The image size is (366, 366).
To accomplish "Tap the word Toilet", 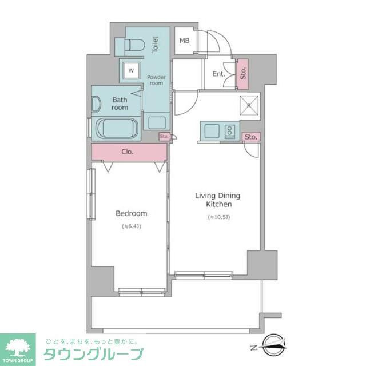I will click(x=154, y=45).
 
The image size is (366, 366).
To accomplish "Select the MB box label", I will click(x=184, y=41).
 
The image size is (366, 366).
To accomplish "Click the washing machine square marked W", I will click(x=131, y=70).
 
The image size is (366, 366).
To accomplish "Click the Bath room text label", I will click(x=120, y=104).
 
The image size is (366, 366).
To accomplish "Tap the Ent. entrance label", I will click(x=218, y=74).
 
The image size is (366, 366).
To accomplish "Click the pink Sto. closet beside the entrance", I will click(x=243, y=73).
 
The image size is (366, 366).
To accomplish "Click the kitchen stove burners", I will click(x=230, y=131).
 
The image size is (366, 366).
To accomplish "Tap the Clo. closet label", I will click(x=128, y=152).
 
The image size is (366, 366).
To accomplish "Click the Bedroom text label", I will click(x=132, y=214).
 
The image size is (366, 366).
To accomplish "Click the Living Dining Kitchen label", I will click(x=218, y=200).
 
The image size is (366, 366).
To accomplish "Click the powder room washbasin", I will click(x=157, y=122).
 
